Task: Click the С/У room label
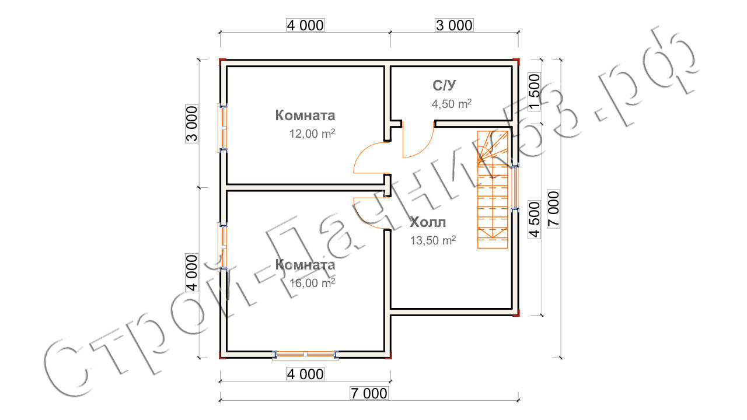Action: (x=444, y=86)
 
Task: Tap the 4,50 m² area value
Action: (x=452, y=104)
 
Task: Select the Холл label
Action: (x=428, y=222)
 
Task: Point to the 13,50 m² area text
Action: (x=433, y=240)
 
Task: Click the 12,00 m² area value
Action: (x=312, y=134)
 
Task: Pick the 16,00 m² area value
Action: (x=312, y=283)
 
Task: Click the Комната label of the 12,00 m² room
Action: (x=305, y=116)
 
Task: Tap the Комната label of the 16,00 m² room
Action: (x=305, y=265)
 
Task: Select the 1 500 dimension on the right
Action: (x=535, y=92)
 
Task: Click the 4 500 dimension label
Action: (x=535, y=219)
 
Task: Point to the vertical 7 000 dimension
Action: (x=554, y=209)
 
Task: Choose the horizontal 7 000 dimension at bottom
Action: (x=369, y=393)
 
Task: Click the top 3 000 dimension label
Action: (x=454, y=25)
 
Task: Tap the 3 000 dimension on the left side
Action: (x=192, y=124)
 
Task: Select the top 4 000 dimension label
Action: (x=305, y=25)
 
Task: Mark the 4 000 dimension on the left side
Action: (x=192, y=272)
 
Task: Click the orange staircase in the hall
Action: (x=493, y=190)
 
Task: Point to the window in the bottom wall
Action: (x=305, y=354)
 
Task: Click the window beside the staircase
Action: (x=515, y=187)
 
